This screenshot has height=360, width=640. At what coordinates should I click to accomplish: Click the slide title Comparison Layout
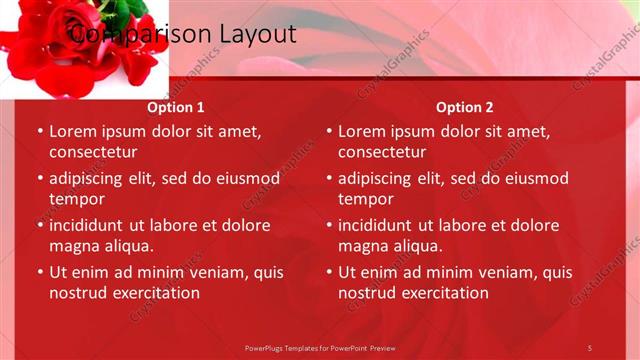pos(182,34)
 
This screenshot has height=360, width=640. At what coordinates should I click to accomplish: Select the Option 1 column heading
pos(176,107)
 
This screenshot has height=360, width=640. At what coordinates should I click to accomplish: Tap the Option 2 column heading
pos(465,107)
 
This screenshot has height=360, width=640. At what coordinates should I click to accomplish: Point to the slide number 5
pos(590,347)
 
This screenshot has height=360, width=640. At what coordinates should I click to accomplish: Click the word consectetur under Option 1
pos(92,152)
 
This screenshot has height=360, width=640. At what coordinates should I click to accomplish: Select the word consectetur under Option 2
pos(381,152)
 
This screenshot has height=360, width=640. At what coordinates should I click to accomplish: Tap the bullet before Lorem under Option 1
pos(39,131)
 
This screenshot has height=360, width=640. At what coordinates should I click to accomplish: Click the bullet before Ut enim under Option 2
pos(328,272)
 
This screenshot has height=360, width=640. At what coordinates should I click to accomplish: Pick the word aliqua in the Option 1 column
pos(125,246)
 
